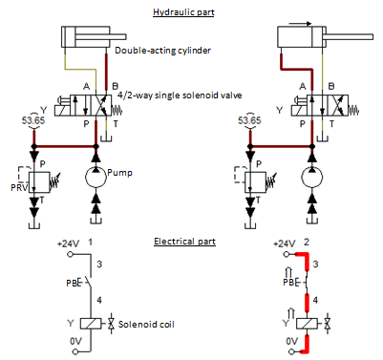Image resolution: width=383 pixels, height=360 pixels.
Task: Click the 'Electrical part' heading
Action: (x=184, y=243)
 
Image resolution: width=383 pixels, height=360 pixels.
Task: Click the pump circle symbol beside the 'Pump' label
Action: (x=95, y=178)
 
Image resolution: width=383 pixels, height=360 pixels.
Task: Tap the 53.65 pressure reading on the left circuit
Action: (x=33, y=120)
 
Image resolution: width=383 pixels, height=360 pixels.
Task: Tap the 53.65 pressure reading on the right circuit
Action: (x=251, y=120)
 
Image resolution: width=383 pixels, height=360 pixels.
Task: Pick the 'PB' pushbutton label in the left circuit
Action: (x=74, y=283)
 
